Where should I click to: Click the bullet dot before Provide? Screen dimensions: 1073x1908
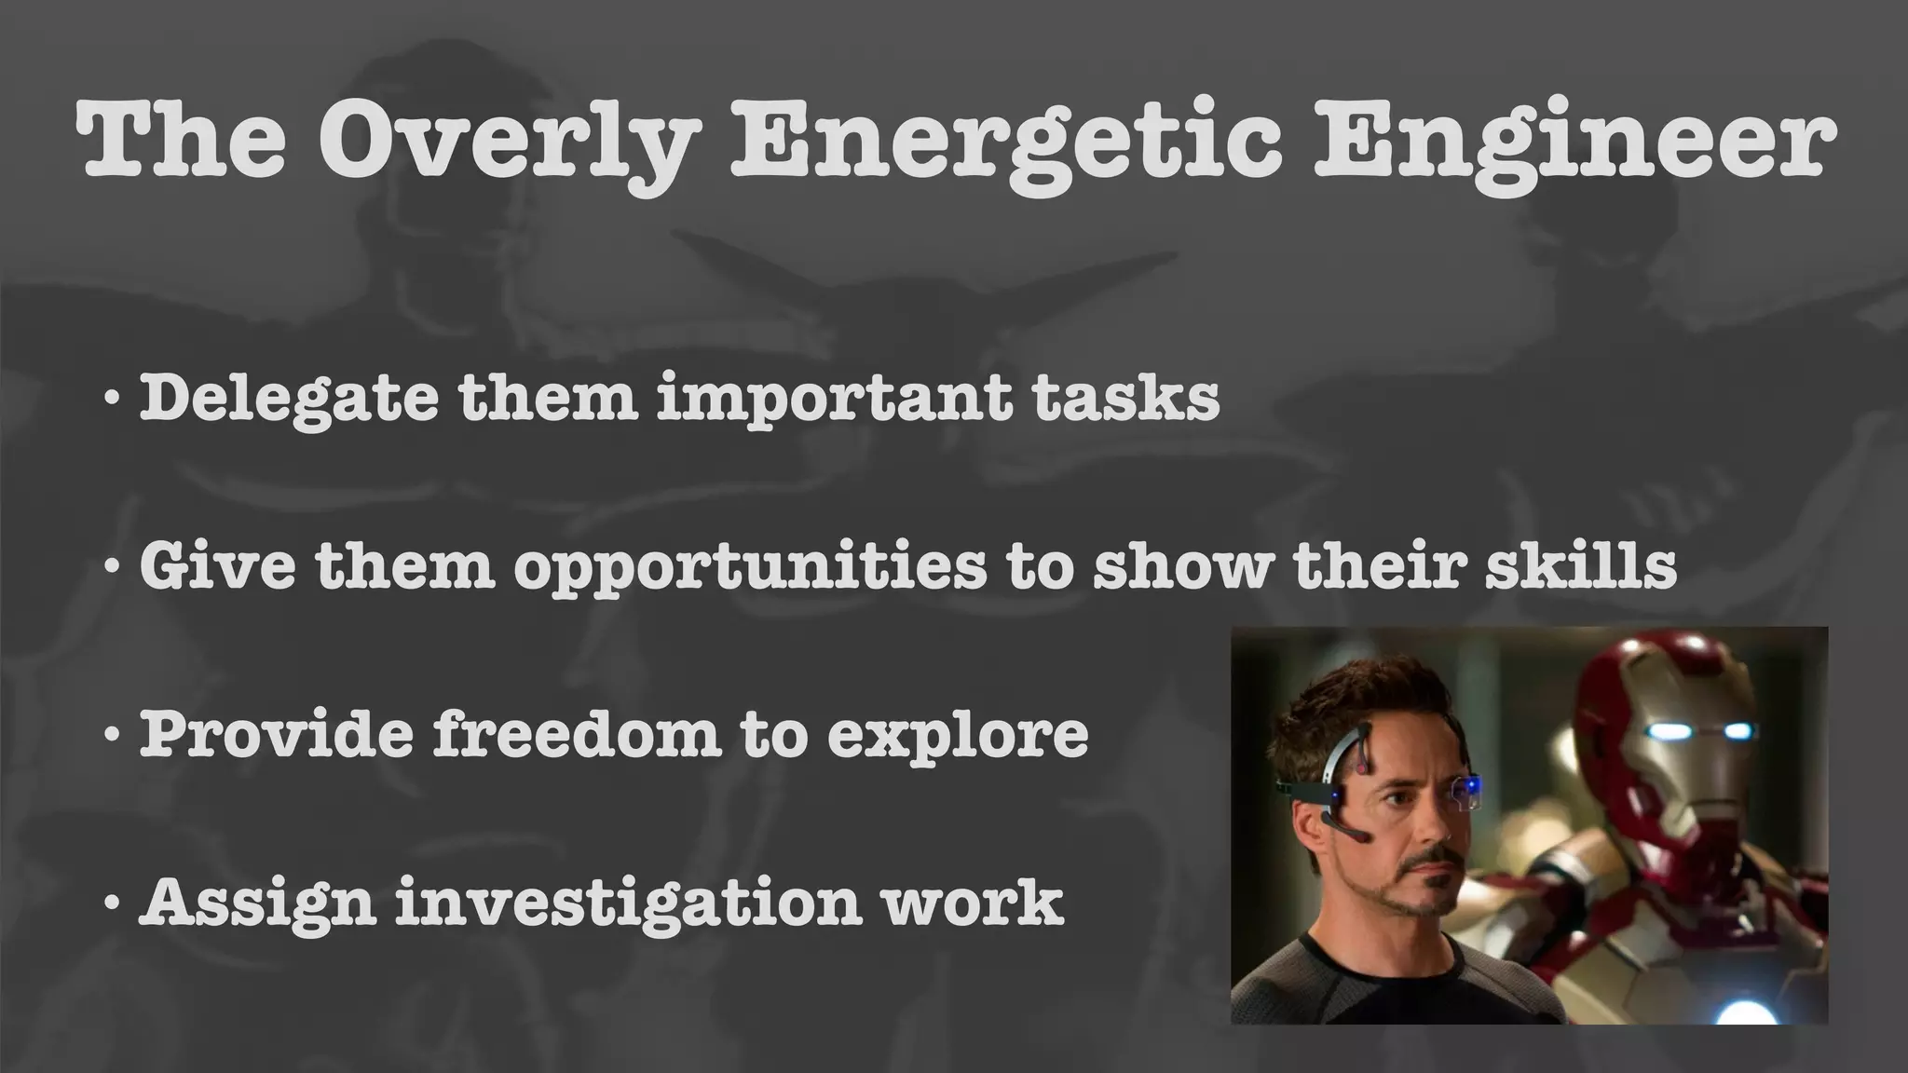coord(112,736)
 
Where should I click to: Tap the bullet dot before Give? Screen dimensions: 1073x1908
coord(112,566)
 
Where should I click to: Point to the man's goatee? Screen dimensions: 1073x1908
coord(1435,885)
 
